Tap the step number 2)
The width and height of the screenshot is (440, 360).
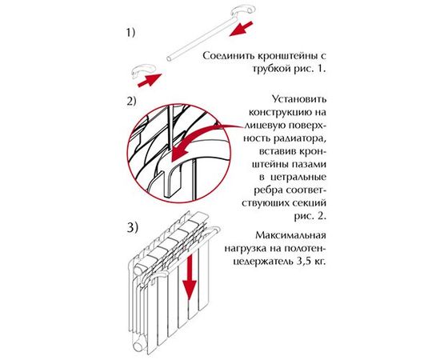(x=131, y=101)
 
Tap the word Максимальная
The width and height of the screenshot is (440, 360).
(x=296, y=238)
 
